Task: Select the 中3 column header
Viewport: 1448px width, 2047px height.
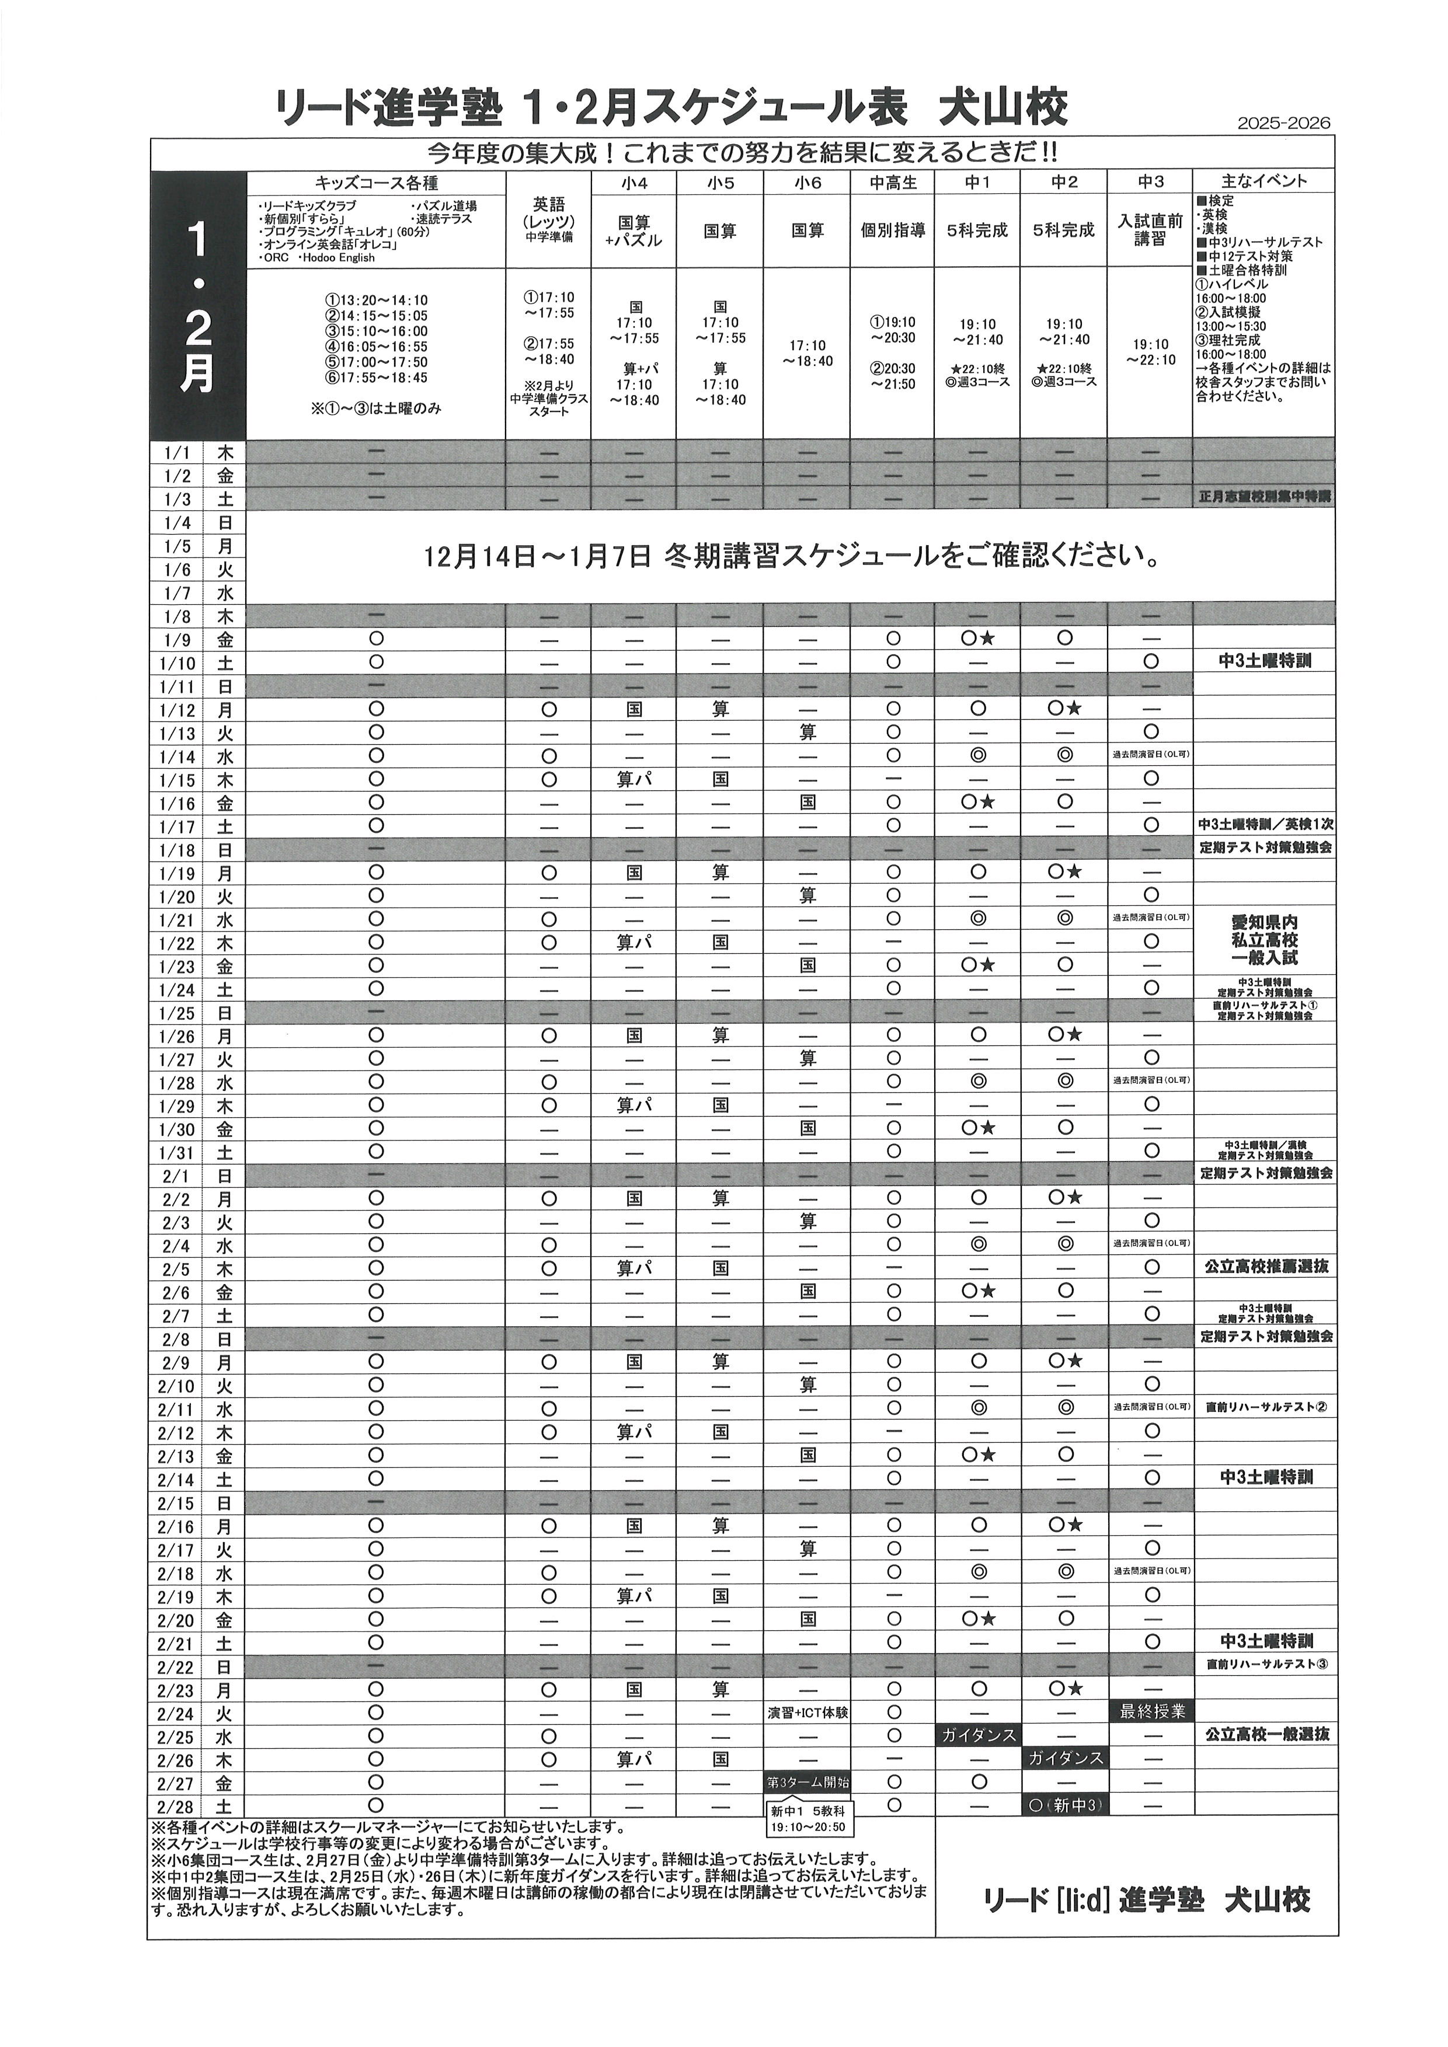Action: (x=1150, y=182)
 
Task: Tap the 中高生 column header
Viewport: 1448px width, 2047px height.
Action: (x=893, y=182)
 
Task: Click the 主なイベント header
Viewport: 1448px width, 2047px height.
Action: (x=1264, y=182)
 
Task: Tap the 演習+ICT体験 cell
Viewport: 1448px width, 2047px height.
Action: (x=807, y=1713)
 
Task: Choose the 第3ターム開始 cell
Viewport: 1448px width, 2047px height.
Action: (x=807, y=1782)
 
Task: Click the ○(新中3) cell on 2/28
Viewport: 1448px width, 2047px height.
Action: (x=1064, y=1805)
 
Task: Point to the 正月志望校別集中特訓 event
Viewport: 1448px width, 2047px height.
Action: (x=1264, y=497)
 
